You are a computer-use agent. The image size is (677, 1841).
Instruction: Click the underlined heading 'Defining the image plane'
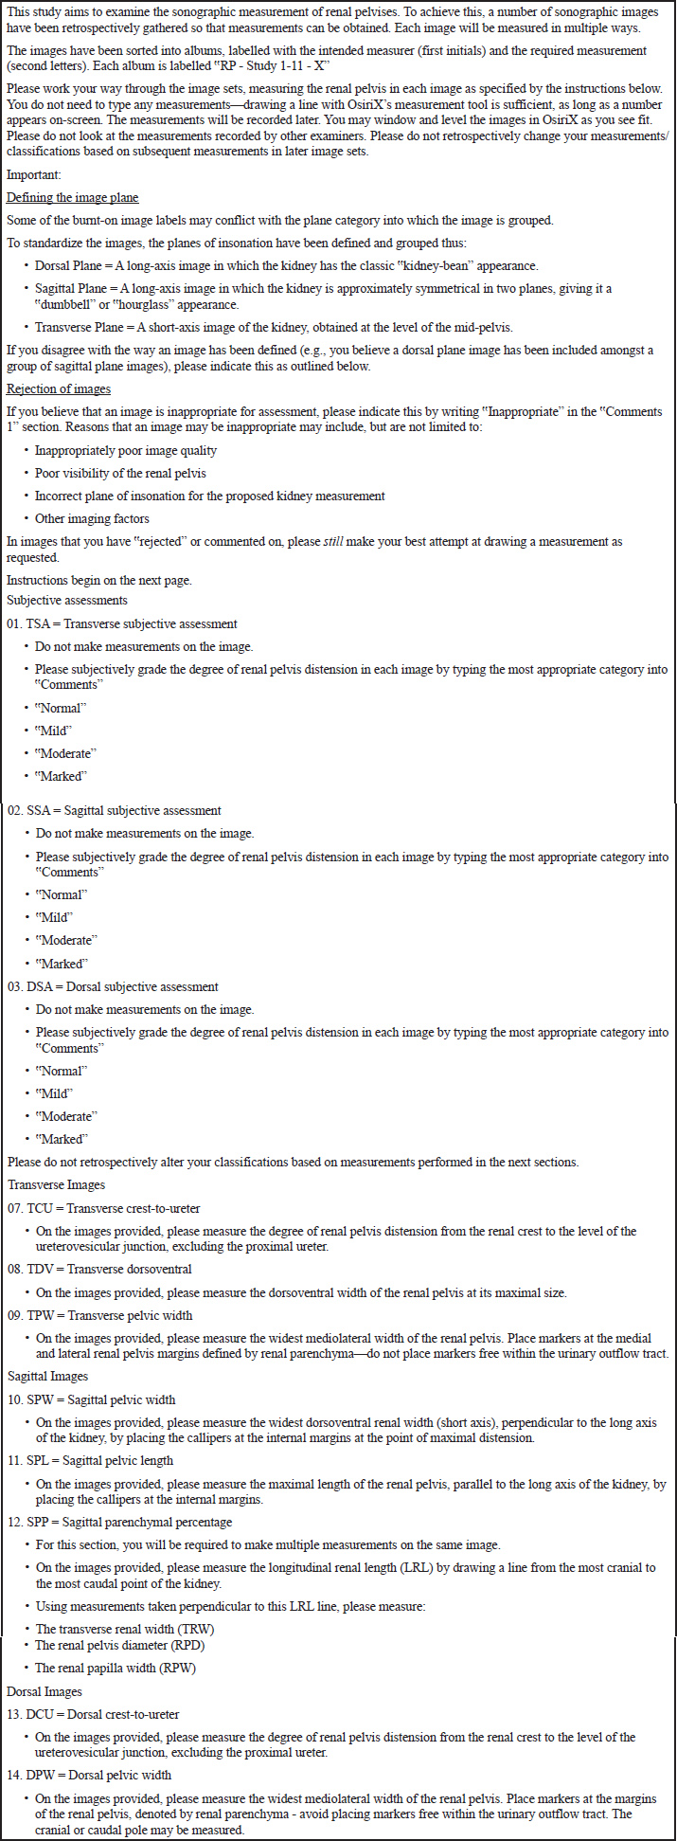72,197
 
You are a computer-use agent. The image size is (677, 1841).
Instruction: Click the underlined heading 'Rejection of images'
59,389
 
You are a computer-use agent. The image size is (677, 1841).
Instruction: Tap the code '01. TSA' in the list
27,623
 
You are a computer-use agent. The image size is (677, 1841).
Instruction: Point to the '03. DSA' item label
27,986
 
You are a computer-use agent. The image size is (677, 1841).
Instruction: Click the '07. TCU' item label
28,1208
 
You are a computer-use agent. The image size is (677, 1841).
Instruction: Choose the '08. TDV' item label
29,1269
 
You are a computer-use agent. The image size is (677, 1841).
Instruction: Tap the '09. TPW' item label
29,1315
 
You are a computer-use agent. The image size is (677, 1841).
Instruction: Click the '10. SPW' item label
28,1399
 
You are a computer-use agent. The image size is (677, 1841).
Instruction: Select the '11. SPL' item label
28,1460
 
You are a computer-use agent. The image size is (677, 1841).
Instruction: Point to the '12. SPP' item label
28,1522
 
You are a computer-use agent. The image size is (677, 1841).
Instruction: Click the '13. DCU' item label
29,1714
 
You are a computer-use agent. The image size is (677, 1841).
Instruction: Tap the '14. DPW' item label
29,1775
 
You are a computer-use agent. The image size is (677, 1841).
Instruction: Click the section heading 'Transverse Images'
56,1184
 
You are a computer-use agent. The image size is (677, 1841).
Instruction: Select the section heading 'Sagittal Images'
47,1376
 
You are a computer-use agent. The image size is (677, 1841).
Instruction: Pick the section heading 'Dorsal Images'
45,1691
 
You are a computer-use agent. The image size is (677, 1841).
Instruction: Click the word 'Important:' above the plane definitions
34,174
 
